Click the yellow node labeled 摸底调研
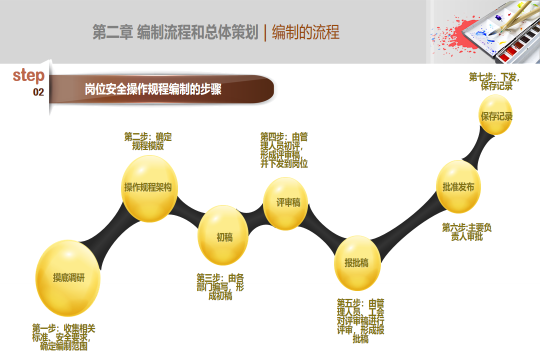(x=68, y=278)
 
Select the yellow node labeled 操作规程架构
(x=149, y=188)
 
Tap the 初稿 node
(x=223, y=235)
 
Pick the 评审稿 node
(x=285, y=203)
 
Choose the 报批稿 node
(x=357, y=263)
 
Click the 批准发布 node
(x=458, y=186)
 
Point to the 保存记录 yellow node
(x=495, y=114)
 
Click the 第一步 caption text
(x=63, y=337)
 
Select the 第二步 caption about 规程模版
(x=148, y=141)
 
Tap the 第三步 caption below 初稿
(x=220, y=286)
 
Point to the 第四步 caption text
(x=284, y=150)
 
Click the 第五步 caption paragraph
(x=360, y=321)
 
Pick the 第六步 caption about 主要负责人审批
(x=466, y=232)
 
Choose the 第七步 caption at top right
(x=494, y=81)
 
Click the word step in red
(x=28, y=75)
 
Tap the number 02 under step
(x=38, y=92)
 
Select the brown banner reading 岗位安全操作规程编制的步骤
(x=162, y=89)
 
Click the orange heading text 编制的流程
(x=306, y=32)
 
